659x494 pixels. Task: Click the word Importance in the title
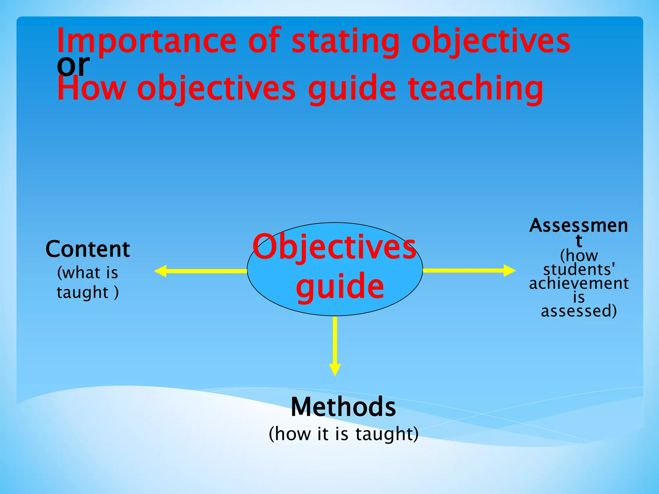(146, 42)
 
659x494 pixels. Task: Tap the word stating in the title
(345, 42)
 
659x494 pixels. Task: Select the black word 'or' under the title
(73, 65)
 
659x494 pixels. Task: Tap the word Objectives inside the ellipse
(335, 247)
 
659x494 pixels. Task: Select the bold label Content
(88, 249)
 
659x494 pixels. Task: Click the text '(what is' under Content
(88, 273)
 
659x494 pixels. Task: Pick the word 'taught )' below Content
(88, 293)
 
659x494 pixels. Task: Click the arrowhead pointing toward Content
(161, 271)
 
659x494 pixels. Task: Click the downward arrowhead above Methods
(335, 370)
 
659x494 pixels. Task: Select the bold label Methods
(343, 407)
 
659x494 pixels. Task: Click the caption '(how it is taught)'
(343, 434)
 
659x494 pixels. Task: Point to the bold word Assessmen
(579, 226)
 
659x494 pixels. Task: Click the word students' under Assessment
(579, 270)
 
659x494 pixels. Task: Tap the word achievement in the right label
(579, 284)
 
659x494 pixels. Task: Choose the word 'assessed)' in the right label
(579, 311)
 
